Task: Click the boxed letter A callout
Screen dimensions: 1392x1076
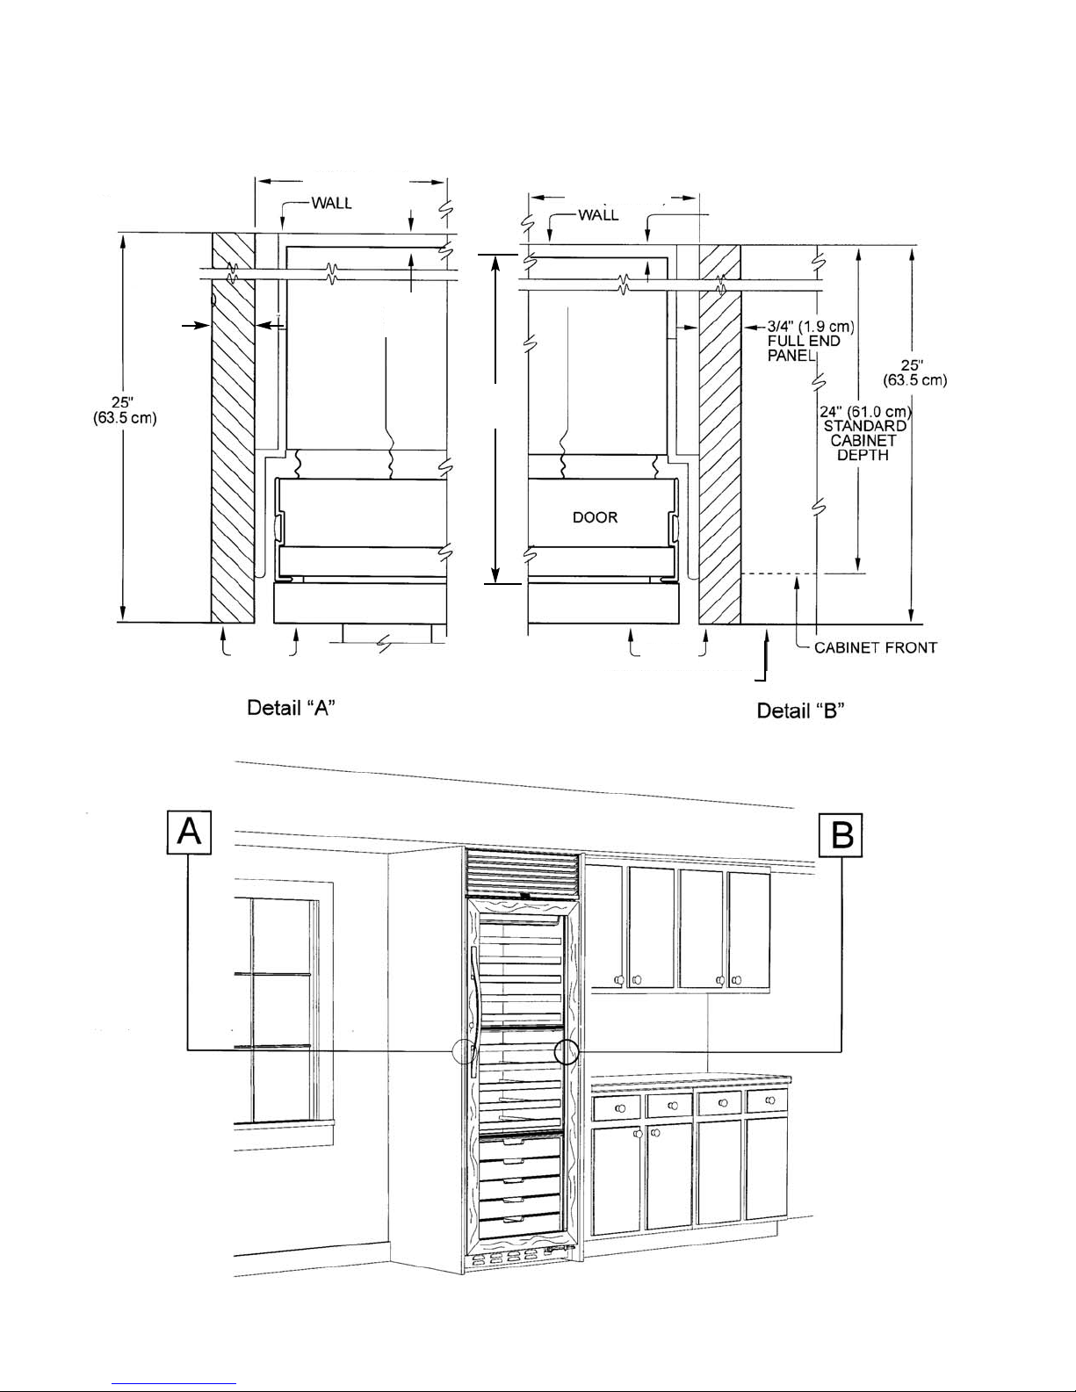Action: tap(190, 831)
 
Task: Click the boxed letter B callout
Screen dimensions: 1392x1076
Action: tap(841, 835)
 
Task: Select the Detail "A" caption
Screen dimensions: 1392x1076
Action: tap(291, 707)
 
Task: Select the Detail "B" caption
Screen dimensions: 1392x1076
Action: tap(800, 710)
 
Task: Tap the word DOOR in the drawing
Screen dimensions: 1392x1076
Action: tap(595, 517)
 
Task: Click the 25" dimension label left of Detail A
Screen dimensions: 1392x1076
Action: tap(125, 410)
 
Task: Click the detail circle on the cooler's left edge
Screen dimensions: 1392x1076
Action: tap(464, 1050)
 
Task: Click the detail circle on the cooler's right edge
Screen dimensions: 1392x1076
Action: tap(568, 1051)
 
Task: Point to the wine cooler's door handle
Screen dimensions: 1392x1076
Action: tap(474, 1010)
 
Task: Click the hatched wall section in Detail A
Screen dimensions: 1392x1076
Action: tap(233, 430)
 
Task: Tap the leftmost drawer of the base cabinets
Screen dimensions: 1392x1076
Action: tap(617, 1107)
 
